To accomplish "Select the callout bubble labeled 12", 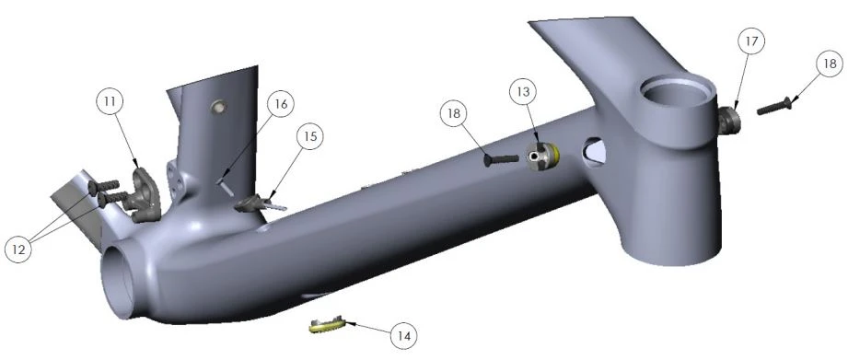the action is [x=18, y=249].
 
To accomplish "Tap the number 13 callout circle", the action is [x=523, y=92].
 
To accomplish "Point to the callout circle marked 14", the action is [x=403, y=336].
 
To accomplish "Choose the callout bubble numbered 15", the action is [x=309, y=137].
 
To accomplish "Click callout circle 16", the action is [x=281, y=104].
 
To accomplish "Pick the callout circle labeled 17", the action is [x=752, y=41].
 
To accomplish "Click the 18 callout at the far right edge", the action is [x=829, y=64].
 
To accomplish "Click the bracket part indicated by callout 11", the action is [x=145, y=194].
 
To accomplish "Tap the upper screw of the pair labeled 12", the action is [x=103, y=187].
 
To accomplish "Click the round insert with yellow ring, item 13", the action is [x=543, y=156].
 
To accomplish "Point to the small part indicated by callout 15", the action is [x=260, y=203].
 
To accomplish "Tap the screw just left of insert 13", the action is [x=501, y=159].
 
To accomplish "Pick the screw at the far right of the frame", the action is [x=774, y=107].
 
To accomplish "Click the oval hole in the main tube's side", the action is [x=594, y=152].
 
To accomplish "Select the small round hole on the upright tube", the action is [x=219, y=107].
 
